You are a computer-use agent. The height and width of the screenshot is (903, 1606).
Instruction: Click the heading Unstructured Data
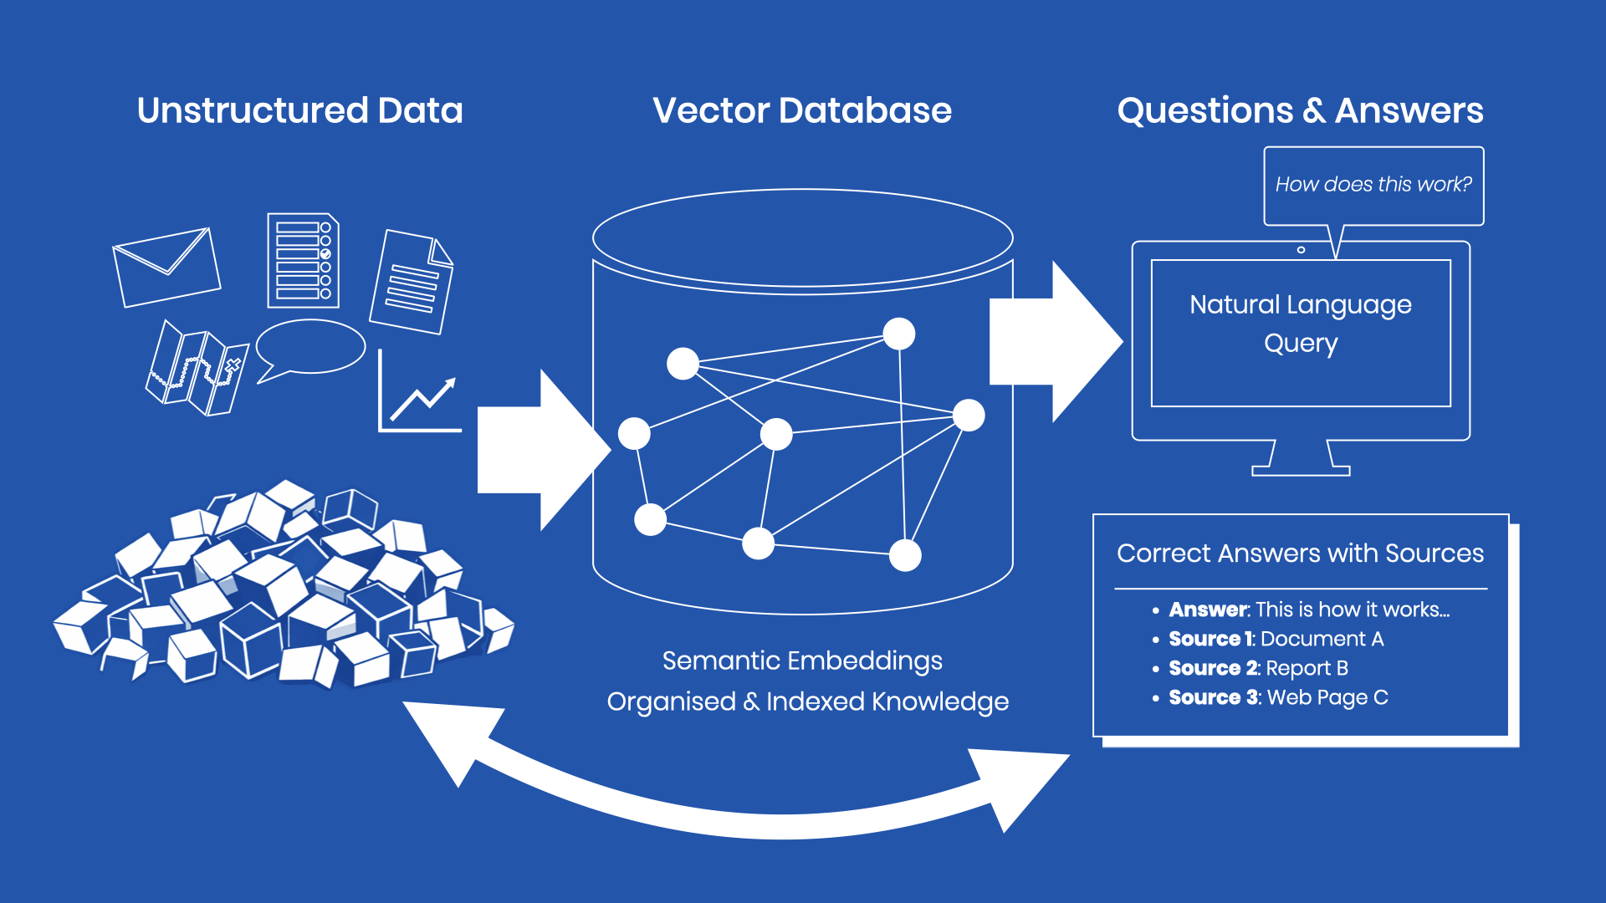click(299, 110)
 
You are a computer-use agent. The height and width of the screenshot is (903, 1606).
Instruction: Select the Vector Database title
click(802, 110)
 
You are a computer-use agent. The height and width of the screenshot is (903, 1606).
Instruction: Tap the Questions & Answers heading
click(1300, 110)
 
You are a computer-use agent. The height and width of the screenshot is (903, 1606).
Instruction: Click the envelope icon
click(166, 267)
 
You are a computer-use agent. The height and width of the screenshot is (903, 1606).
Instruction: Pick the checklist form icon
click(303, 260)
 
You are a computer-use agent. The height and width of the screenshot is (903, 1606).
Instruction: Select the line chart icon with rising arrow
click(419, 394)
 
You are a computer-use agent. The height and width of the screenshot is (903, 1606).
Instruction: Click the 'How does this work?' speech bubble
click(1373, 185)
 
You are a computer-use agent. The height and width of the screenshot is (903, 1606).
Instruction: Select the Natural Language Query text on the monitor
click(1301, 324)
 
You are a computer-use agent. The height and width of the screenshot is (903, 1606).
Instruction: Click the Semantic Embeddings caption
click(802, 661)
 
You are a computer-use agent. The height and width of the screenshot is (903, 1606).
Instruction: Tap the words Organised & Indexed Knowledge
click(807, 701)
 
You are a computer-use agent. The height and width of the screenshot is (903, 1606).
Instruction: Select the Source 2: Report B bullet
click(1258, 668)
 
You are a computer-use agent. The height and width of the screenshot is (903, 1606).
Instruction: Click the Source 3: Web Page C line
click(1278, 697)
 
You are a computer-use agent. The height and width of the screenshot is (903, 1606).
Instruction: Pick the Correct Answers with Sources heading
click(1300, 554)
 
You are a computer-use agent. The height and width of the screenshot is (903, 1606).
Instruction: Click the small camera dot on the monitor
click(1301, 250)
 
